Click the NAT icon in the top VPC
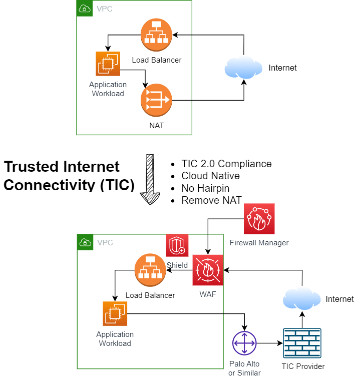click(x=156, y=100)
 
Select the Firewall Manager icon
click(x=259, y=219)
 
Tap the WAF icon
click(x=208, y=270)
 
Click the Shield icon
click(x=177, y=246)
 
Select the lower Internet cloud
click(x=302, y=299)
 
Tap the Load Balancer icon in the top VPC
click(x=156, y=35)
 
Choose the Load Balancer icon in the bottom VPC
click(x=150, y=270)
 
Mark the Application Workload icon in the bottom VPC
click(x=115, y=314)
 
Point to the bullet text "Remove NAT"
click(x=212, y=200)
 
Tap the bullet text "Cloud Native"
click(x=210, y=176)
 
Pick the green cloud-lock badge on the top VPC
click(x=85, y=9)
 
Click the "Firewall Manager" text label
click(x=259, y=243)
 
